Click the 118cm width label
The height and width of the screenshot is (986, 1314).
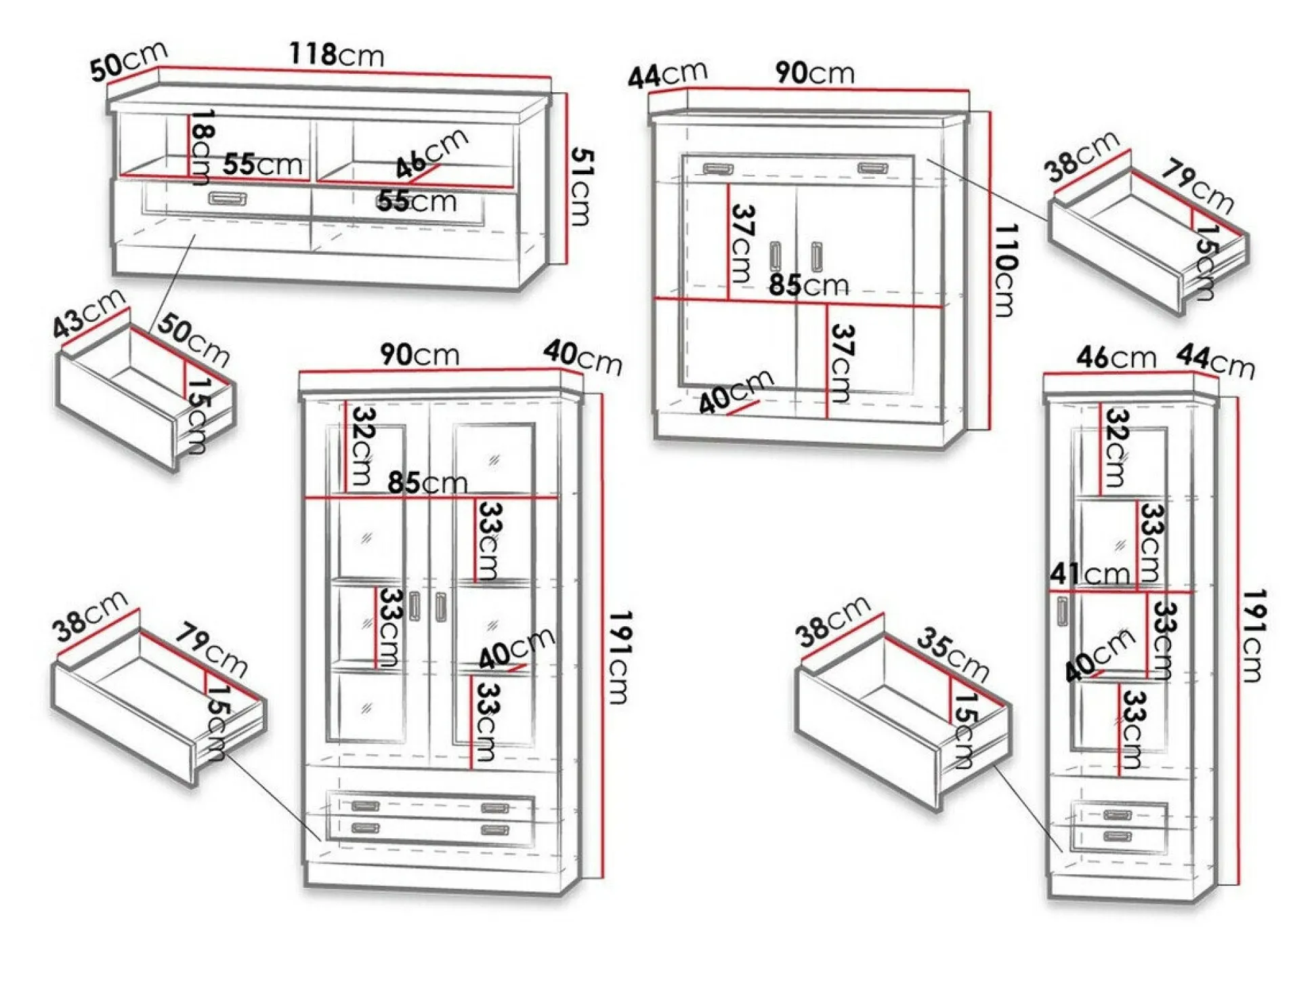[337, 54]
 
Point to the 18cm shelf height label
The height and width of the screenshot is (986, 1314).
[202, 146]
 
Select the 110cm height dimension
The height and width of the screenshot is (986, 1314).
[1004, 270]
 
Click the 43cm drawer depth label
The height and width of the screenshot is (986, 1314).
[89, 312]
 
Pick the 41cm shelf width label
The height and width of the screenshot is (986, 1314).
[1090, 574]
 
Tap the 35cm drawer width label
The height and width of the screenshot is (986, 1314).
[952, 655]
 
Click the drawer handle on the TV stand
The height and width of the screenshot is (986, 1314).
[228, 198]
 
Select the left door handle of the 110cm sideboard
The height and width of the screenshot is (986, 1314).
[776, 255]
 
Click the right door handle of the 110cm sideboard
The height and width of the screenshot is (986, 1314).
[816, 256]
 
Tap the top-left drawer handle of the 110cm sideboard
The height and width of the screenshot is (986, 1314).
[718, 168]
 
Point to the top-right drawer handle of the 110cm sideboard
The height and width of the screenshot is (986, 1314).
[872, 167]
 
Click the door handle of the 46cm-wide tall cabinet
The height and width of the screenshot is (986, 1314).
[1062, 612]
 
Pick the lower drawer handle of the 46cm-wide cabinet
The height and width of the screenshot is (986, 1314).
[1118, 836]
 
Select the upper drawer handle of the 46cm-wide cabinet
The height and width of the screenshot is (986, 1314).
[1118, 815]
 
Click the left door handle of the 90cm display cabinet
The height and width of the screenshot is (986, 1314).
[415, 607]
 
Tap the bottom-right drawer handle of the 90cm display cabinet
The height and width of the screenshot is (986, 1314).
[495, 830]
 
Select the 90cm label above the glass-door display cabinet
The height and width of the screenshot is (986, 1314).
[419, 354]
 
